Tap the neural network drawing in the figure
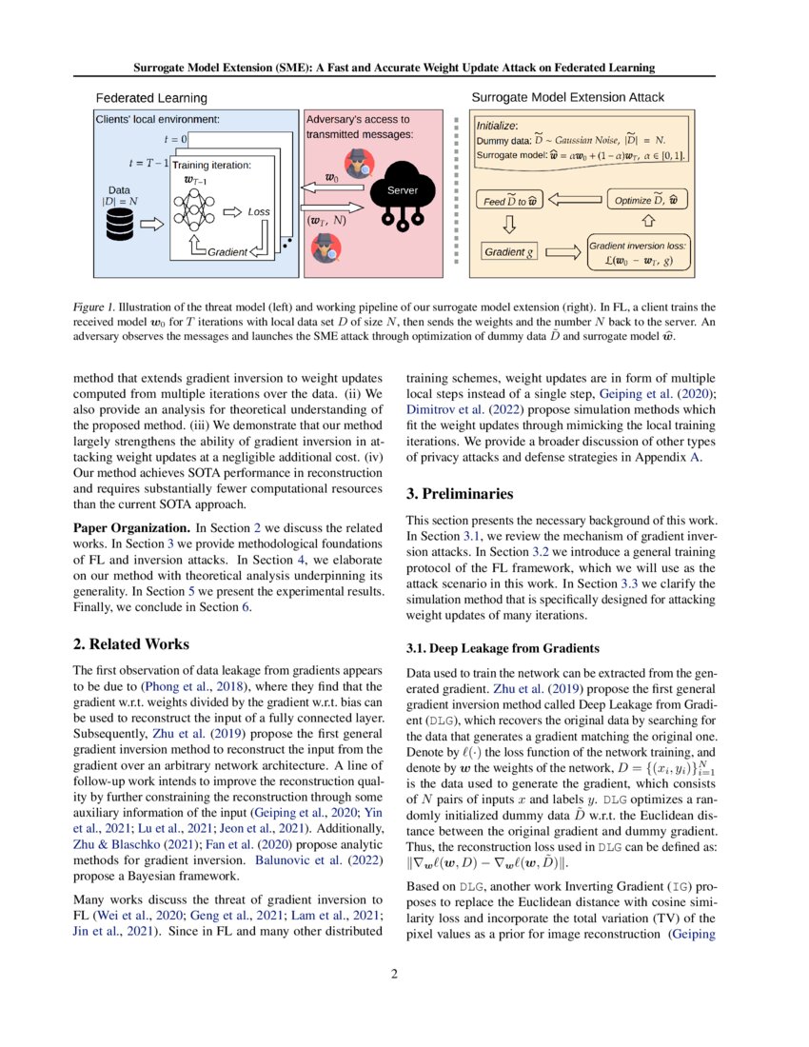pos(194,210)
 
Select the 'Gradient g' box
pos(509,252)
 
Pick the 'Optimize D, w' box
pos(648,200)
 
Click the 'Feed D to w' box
pos(509,201)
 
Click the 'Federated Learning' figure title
pos(151,98)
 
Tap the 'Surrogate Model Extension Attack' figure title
pos(568,97)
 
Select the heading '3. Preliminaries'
pos(460,494)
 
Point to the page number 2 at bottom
pos(404,974)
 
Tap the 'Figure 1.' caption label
pos(95,307)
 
